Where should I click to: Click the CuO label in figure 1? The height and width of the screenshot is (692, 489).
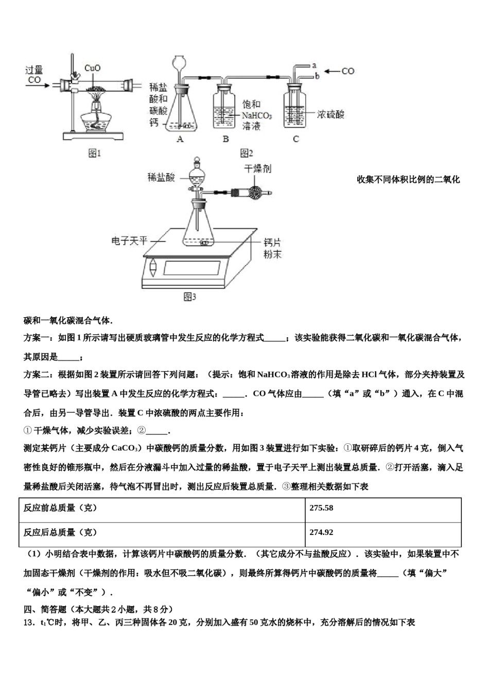pyautogui.click(x=92, y=68)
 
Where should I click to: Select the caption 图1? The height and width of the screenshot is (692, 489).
pyautogui.click(x=95, y=153)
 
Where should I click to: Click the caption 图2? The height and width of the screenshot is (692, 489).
pyautogui.click(x=247, y=153)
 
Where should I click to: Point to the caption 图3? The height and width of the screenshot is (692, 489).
pyautogui.click(x=190, y=297)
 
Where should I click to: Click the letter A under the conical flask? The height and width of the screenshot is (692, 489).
pyautogui.click(x=180, y=139)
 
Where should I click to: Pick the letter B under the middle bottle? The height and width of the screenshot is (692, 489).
pyautogui.click(x=225, y=139)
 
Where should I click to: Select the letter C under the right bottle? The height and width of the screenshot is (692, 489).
pyautogui.click(x=295, y=139)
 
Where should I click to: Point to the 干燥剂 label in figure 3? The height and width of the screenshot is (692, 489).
pyautogui.click(x=257, y=169)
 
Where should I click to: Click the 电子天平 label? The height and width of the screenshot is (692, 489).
pyautogui.click(x=129, y=240)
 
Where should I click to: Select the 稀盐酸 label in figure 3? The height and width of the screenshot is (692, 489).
pyautogui.click(x=161, y=178)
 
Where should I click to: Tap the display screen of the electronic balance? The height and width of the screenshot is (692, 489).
pyautogui.click(x=191, y=268)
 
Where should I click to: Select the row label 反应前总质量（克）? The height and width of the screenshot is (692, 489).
pyautogui.click(x=60, y=508)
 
